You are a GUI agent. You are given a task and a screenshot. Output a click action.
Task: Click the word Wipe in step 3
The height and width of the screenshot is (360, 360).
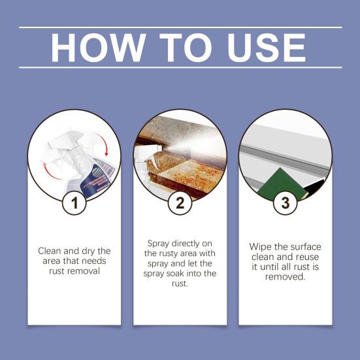(261, 247)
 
